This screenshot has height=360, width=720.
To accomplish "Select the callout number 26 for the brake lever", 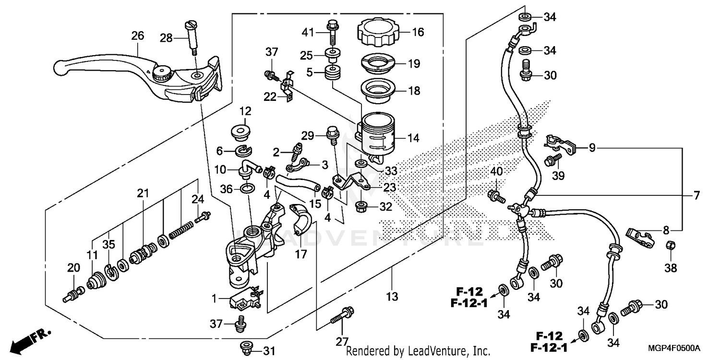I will [x=138, y=36].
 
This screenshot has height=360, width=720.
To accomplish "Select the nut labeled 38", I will [x=671, y=246].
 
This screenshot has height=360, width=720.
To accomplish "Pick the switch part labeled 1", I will [x=245, y=300].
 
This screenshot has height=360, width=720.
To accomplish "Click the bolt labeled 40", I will [x=494, y=195].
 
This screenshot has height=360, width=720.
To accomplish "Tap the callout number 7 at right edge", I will [x=696, y=195].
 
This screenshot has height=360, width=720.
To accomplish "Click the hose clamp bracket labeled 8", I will [x=640, y=237].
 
